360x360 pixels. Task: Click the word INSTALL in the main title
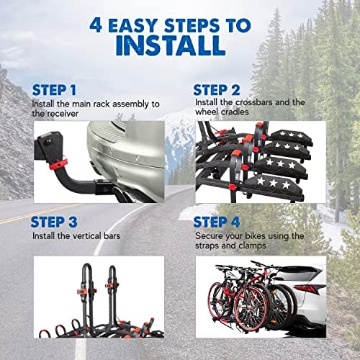pyautogui.click(x=171, y=45)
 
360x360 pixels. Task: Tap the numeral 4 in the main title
pyautogui.click(x=96, y=25)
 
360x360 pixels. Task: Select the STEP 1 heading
pyautogui.click(x=54, y=90)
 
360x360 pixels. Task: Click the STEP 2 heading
pyautogui.click(x=217, y=90)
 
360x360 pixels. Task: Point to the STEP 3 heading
pyautogui.click(x=54, y=222)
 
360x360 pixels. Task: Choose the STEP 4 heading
pyautogui.click(x=217, y=222)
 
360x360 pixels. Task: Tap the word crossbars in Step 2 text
pyautogui.click(x=254, y=102)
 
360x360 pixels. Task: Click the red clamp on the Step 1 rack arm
pyautogui.click(x=58, y=164)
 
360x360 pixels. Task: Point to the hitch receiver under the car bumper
pyautogui.click(x=103, y=186)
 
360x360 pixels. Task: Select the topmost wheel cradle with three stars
pyautogui.click(x=290, y=136)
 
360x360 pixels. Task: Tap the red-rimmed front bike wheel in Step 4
pyautogui.click(x=251, y=308)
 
